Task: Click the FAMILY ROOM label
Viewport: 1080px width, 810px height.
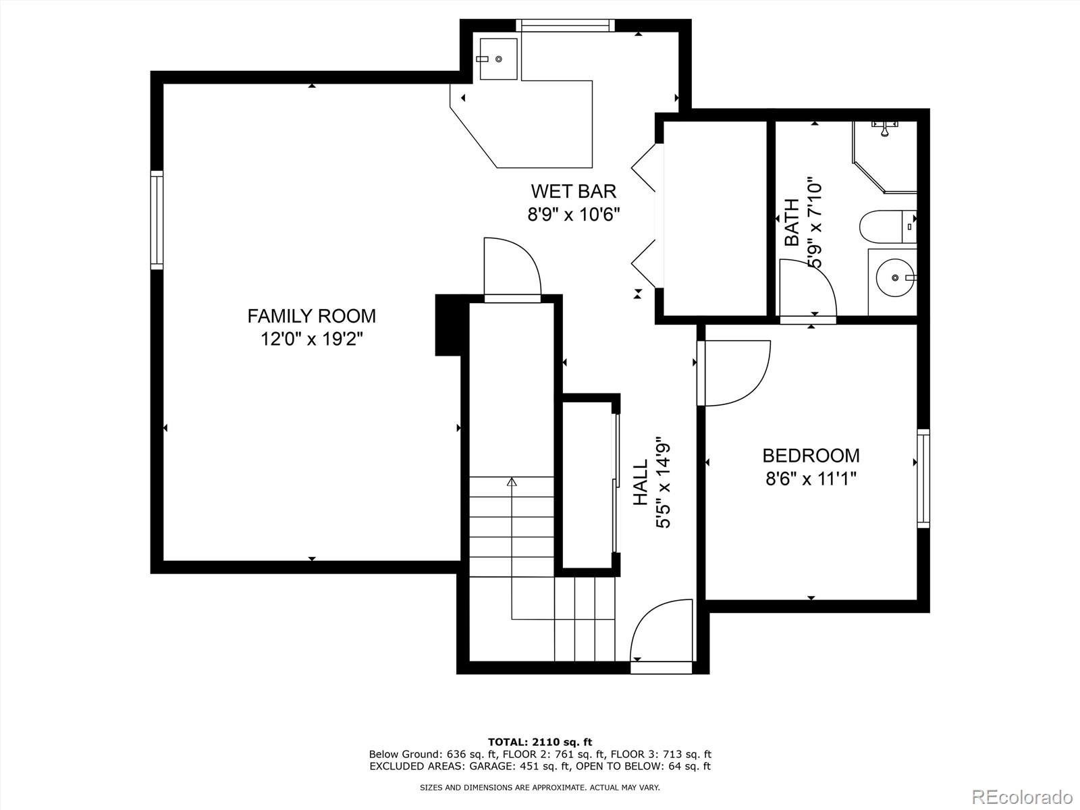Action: (311, 316)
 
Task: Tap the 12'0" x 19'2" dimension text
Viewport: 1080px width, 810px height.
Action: (312, 339)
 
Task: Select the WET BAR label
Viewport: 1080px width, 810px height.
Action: (573, 192)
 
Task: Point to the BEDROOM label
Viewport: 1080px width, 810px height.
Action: (811, 456)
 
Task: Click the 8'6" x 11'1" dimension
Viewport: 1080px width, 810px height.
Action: (811, 479)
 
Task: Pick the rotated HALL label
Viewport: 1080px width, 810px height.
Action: (640, 483)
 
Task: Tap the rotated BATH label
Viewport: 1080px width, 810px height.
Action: (792, 223)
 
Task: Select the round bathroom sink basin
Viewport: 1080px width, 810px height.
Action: (894, 277)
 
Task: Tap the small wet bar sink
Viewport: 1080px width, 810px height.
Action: (498, 59)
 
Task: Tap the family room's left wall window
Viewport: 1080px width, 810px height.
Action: (157, 220)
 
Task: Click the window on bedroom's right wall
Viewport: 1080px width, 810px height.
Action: (923, 478)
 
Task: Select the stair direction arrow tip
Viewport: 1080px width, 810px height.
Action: (512, 482)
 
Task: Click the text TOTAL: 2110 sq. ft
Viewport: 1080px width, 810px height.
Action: (540, 742)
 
